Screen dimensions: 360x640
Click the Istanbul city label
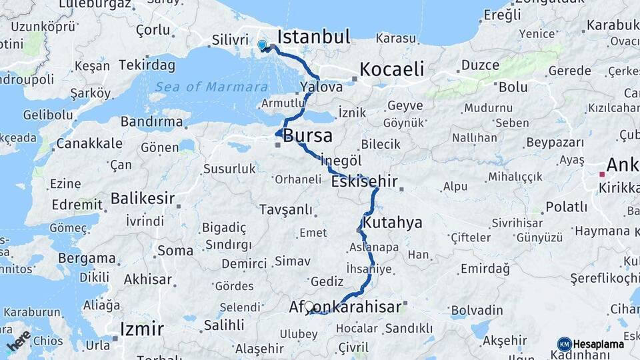[x=313, y=36]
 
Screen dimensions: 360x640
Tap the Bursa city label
[x=307, y=136]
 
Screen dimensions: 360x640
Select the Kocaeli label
[x=391, y=69]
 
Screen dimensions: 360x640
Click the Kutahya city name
[x=393, y=222]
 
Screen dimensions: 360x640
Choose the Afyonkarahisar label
[x=345, y=307]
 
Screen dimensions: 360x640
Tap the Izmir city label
[x=141, y=329]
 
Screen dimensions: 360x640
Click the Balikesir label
[x=143, y=198]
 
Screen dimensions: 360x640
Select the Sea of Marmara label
[x=211, y=87]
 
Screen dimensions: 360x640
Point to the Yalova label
[x=321, y=87]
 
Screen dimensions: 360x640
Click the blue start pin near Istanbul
[x=262, y=45]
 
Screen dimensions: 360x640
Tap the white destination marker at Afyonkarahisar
[x=309, y=307]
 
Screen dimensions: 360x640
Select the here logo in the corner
[x=19, y=341]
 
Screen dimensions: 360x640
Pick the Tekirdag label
[x=147, y=65]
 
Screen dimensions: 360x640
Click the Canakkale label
[x=89, y=143]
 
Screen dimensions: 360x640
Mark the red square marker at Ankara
[x=601, y=175]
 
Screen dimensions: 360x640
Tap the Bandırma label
[x=151, y=121]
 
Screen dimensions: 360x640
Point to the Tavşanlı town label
[x=285, y=209]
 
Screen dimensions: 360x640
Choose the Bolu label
[x=513, y=87]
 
